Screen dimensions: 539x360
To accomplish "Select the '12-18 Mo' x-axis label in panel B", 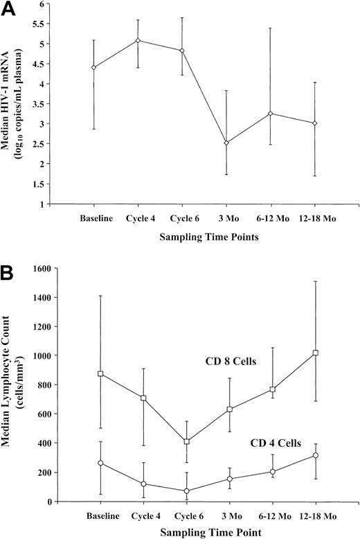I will click(x=314, y=517).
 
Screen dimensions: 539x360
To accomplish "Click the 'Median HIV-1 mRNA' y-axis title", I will click(x=15, y=104).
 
